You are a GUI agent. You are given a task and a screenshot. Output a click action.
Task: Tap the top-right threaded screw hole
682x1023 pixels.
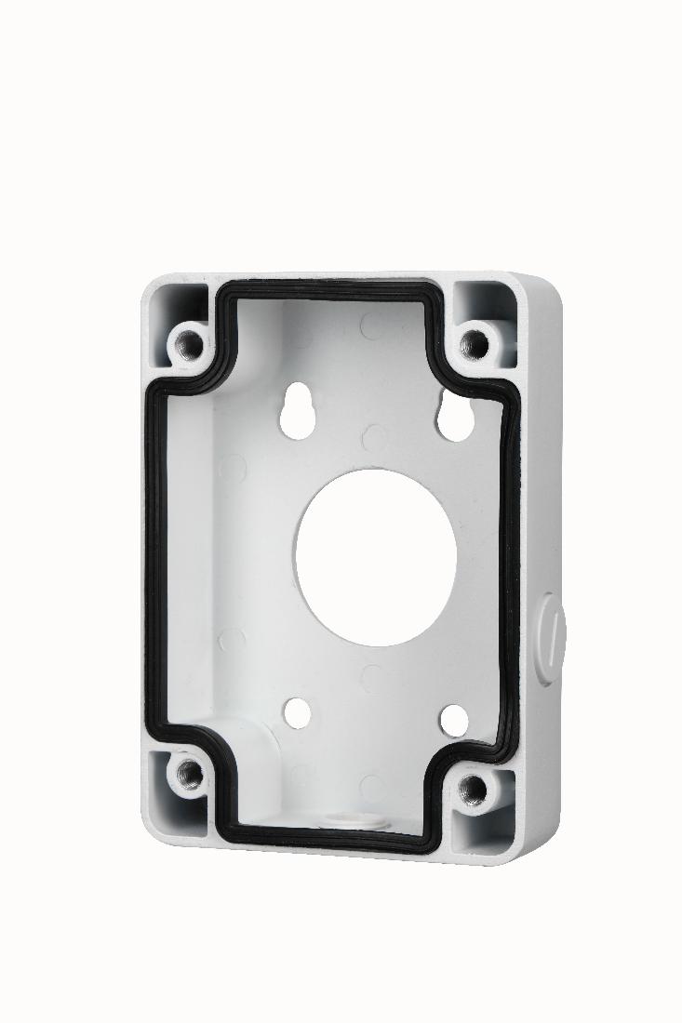(475, 343)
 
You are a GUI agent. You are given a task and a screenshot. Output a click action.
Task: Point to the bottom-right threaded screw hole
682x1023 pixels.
(474, 788)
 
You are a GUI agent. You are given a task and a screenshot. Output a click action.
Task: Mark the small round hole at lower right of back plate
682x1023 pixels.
(452, 717)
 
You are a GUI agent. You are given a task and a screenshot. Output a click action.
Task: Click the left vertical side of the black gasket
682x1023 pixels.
(158, 558)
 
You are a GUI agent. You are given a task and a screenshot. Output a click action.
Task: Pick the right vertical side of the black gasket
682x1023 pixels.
(513, 577)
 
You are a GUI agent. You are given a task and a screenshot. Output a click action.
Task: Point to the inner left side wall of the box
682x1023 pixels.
(200, 558)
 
